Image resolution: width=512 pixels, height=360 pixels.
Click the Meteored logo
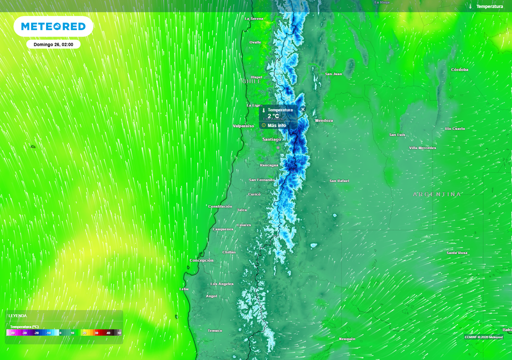(x=53, y=26)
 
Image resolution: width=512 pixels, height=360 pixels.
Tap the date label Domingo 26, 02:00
(x=53, y=44)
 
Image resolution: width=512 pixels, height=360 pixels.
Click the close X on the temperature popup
(x=303, y=109)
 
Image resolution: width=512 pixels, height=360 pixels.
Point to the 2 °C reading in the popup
(x=273, y=116)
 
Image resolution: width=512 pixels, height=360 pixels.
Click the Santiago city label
(x=271, y=139)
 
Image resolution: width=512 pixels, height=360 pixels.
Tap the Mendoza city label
(x=323, y=120)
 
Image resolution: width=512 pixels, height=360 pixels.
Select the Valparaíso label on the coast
(x=243, y=126)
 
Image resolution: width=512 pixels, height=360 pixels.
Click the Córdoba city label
(x=459, y=69)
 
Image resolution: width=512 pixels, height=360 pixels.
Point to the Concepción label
(x=201, y=260)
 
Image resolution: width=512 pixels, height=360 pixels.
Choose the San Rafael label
(x=339, y=180)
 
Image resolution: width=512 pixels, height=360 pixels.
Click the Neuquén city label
(x=347, y=339)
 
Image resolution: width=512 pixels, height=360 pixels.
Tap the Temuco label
(x=214, y=330)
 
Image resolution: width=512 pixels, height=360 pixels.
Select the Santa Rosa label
(x=457, y=253)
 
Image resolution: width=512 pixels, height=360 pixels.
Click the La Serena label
(x=254, y=18)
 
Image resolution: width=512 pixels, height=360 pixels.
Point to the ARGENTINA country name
(x=437, y=194)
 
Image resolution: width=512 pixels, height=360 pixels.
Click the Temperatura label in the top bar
(x=489, y=6)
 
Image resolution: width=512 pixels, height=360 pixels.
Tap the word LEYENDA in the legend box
(x=17, y=316)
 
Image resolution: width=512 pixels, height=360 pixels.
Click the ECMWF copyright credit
(x=483, y=337)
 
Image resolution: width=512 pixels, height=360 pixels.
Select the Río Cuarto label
(x=455, y=128)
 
